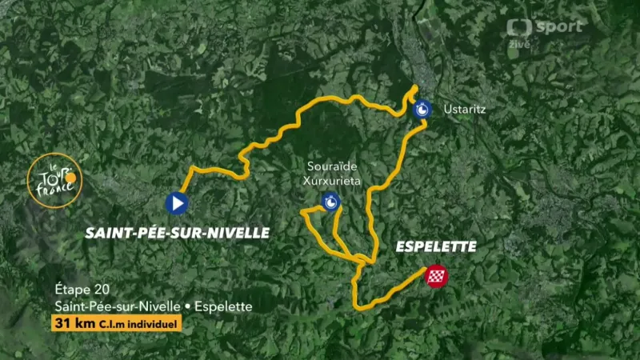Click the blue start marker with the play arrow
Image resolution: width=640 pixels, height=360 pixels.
177,204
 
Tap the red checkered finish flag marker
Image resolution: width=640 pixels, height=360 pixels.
436,276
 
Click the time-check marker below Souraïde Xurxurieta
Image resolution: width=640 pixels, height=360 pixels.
329,202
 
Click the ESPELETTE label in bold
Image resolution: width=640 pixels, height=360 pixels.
436,247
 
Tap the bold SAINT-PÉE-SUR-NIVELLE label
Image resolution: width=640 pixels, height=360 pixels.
177,233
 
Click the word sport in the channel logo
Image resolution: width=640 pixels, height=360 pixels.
558,26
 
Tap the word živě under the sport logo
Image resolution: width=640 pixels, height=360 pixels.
521,44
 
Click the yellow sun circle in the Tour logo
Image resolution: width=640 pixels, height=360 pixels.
70,175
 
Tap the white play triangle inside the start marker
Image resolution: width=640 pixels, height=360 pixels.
178,204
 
